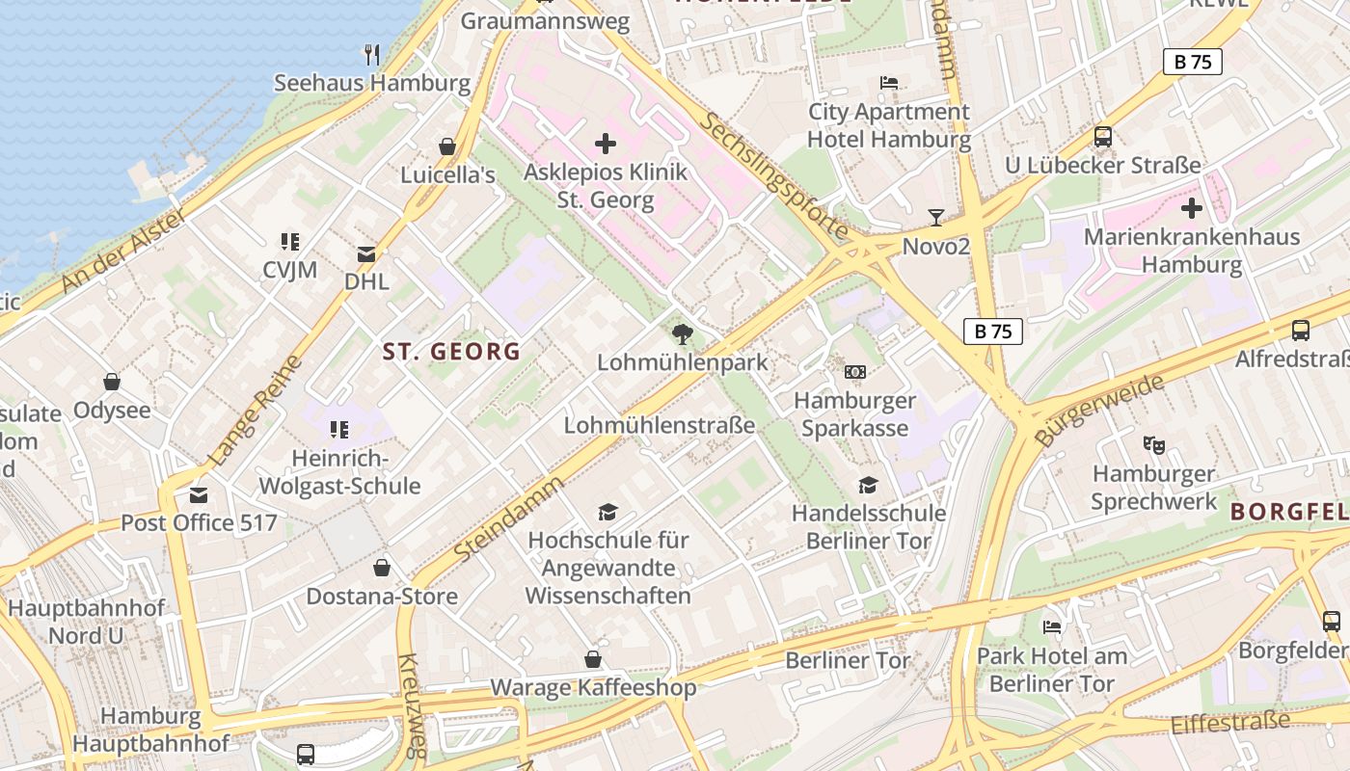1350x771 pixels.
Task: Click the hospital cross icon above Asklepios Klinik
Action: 606,145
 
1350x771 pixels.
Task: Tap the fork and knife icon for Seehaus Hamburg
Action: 372,54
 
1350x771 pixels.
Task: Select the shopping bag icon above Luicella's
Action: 447,146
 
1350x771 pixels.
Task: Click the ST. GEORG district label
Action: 451,352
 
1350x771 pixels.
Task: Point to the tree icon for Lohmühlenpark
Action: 683,334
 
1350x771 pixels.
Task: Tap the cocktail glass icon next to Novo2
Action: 935,217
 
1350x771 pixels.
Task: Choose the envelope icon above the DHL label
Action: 366,254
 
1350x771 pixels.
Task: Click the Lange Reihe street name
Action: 255,411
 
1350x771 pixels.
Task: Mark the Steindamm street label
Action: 508,518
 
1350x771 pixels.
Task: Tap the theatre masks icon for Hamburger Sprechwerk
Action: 1153,445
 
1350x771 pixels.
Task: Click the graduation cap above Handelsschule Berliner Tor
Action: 869,485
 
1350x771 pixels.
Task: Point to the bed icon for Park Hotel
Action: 1052,627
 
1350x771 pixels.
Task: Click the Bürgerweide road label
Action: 1098,409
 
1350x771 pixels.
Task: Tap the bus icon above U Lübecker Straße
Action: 1103,137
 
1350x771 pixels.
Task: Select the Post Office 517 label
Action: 199,523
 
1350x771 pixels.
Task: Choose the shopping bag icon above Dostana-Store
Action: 382,568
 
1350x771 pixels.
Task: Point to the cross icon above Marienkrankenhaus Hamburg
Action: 1192,208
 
